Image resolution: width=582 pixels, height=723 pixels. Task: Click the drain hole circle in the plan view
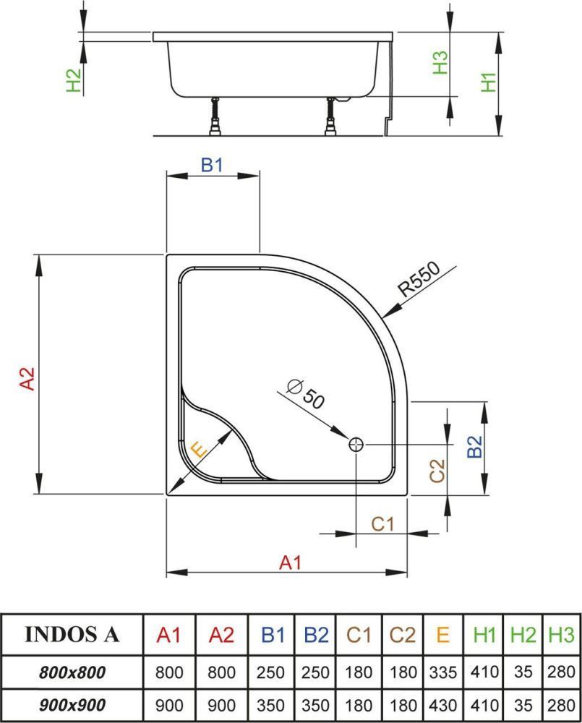pyautogui.click(x=356, y=445)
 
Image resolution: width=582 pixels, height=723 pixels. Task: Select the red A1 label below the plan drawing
pyautogui.click(x=290, y=562)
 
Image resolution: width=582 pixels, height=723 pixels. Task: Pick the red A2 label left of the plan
pyautogui.click(x=27, y=380)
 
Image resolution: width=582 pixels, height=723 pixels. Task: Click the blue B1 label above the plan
pyautogui.click(x=212, y=166)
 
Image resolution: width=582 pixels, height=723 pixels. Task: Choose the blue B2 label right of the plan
pyautogui.click(x=474, y=448)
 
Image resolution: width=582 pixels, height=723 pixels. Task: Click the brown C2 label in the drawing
pyautogui.click(x=437, y=471)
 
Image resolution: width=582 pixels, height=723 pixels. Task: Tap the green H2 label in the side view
pyautogui.click(x=73, y=80)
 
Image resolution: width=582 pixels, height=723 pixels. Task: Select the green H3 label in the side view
pyautogui.click(x=440, y=64)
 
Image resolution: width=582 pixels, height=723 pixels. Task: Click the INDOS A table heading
pyautogui.click(x=72, y=634)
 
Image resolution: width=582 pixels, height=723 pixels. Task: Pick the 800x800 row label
pyautogui.click(x=72, y=672)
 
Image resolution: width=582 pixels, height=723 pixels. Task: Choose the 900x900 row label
pyautogui.click(x=72, y=704)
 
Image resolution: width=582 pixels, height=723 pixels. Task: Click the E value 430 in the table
pyautogui.click(x=443, y=704)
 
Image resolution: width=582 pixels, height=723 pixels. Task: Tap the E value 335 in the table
pyautogui.click(x=443, y=672)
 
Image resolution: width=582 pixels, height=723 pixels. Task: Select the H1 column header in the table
pyautogui.click(x=485, y=635)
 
